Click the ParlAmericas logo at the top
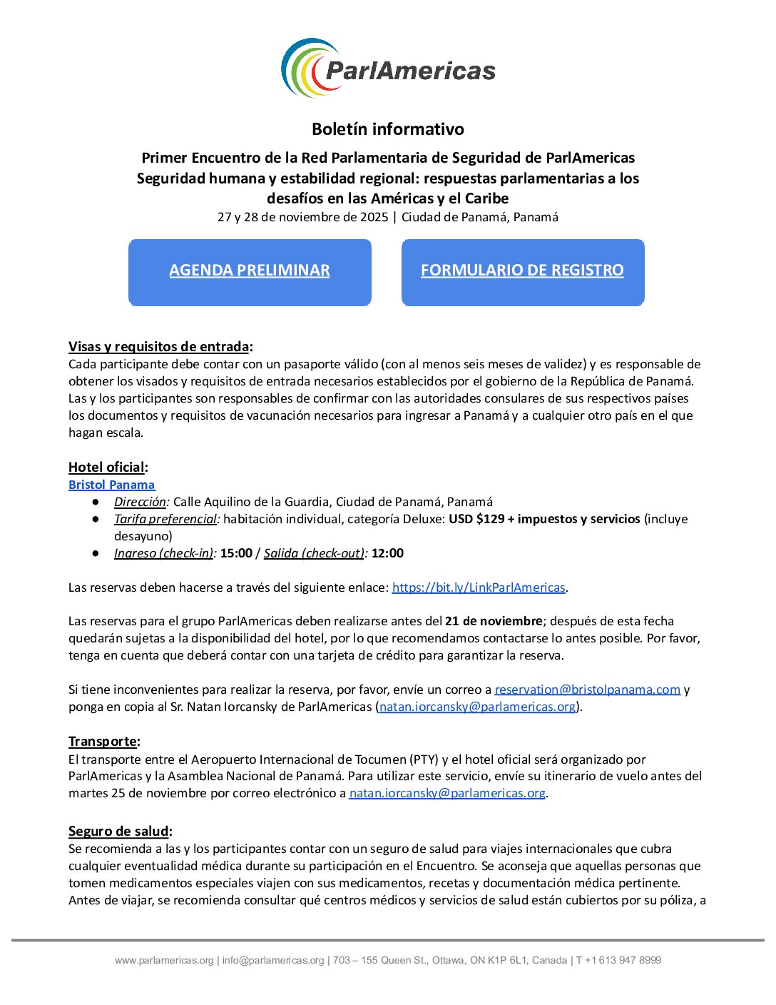[x=388, y=69]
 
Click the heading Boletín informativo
[x=388, y=129]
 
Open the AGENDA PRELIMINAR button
[x=250, y=271]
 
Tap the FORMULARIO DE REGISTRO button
[x=522, y=271]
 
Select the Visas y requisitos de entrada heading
[x=159, y=347]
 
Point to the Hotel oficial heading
[x=107, y=468]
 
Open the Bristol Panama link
[x=111, y=485]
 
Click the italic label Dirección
[x=140, y=502]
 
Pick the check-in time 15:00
[x=236, y=553]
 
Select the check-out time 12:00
[x=387, y=553]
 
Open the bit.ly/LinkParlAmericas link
[x=479, y=587]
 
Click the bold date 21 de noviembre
[x=493, y=622]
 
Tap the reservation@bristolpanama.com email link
[x=587, y=690]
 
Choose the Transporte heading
[x=103, y=742]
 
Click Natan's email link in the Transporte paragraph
[x=447, y=793]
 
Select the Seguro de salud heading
[x=119, y=832]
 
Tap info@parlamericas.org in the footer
[x=273, y=961]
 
